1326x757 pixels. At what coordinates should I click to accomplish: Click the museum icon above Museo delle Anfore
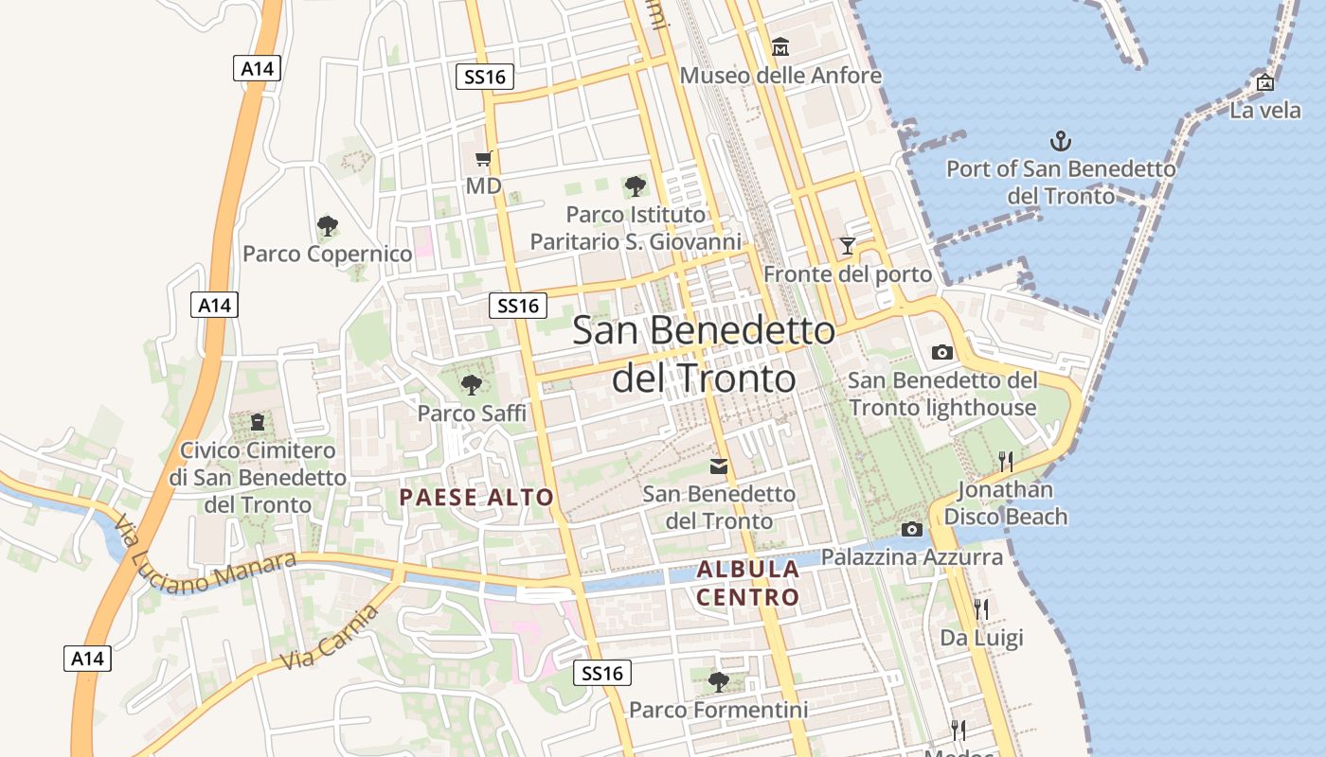tap(780, 45)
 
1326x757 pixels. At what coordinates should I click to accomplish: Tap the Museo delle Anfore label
tap(780, 75)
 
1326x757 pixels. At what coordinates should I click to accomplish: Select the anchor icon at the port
tap(1061, 142)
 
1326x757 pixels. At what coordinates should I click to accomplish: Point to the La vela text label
tap(1265, 110)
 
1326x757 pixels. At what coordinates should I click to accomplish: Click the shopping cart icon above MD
tap(484, 158)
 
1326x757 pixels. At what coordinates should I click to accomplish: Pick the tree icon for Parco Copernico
tap(328, 226)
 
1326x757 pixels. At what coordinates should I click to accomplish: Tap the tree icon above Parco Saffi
tap(471, 385)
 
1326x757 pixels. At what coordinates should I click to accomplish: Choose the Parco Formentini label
tap(718, 710)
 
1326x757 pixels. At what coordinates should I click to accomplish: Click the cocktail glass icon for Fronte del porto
tap(848, 246)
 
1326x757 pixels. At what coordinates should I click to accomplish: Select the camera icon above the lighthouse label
tap(942, 352)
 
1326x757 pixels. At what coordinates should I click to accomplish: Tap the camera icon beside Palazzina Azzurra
tap(912, 529)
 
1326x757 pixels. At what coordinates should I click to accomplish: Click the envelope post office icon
tap(719, 466)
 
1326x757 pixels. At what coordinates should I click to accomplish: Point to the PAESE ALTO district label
tap(476, 497)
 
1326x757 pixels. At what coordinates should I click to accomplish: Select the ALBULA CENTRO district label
tap(748, 583)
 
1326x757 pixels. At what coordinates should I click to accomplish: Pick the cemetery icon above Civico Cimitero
tap(257, 422)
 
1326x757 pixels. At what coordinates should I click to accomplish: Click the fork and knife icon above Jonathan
tap(1005, 461)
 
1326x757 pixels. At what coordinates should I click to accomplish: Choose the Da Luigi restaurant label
tap(981, 638)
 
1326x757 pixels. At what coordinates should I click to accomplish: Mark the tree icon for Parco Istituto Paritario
tap(636, 186)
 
